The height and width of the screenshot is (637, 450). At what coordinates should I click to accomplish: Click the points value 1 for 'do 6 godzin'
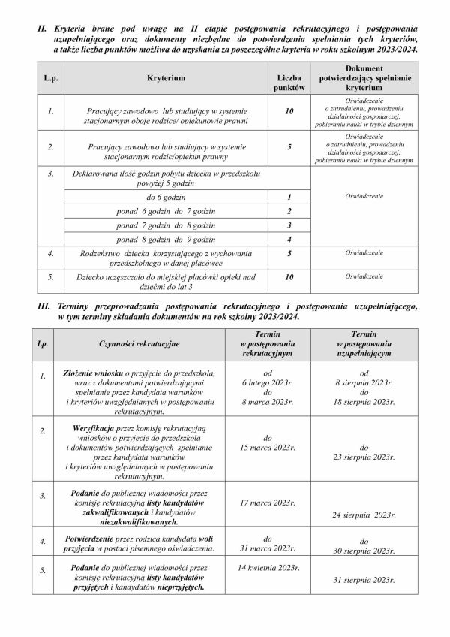[x=289, y=197]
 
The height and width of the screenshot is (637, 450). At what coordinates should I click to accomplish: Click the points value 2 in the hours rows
[x=289, y=211]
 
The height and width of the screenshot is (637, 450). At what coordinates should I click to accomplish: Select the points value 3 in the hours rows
[x=289, y=225]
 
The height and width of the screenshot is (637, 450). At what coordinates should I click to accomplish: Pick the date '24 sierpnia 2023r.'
[x=364, y=515]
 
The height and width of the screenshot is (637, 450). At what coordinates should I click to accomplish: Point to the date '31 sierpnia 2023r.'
[x=364, y=580]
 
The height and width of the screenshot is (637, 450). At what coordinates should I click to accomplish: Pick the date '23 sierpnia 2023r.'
[x=364, y=456]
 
